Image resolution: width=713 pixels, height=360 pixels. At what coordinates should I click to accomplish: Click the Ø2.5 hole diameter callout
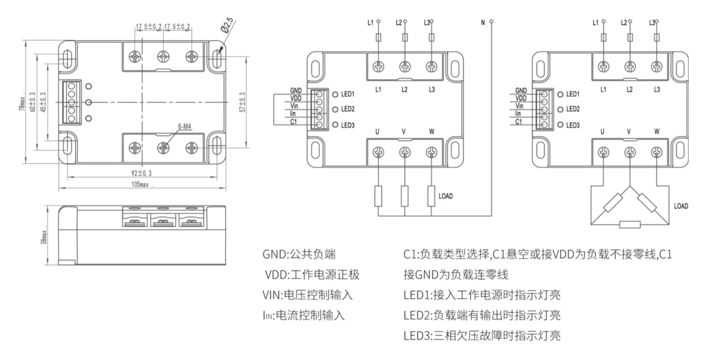tap(228, 26)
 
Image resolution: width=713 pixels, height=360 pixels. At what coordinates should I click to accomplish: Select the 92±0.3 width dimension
tap(142, 173)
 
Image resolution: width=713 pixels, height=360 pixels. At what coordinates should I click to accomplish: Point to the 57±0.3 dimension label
tap(243, 103)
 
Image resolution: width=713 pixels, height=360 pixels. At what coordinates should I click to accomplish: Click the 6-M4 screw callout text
tap(185, 127)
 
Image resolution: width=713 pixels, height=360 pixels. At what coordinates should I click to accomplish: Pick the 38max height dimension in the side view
tap(43, 237)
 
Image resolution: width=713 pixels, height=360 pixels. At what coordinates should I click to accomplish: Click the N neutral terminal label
tap(483, 23)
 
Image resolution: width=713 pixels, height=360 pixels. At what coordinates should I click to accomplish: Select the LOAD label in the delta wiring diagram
tap(681, 206)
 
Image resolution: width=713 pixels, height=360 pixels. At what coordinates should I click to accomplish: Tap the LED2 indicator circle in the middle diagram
tap(335, 109)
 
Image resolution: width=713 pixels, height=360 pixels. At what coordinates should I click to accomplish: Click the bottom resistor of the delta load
tap(630, 225)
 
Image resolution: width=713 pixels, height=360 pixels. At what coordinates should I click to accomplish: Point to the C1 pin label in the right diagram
tap(519, 121)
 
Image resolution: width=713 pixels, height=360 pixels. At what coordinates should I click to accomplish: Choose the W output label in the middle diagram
tap(432, 132)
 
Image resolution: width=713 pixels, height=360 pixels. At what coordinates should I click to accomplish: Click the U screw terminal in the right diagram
tap(603, 153)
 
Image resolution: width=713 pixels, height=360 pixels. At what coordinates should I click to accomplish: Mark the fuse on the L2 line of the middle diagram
tap(405, 37)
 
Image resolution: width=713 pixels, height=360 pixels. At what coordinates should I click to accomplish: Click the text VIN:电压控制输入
tap(307, 295)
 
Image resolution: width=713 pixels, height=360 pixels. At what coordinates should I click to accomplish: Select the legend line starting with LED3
tap(482, 336)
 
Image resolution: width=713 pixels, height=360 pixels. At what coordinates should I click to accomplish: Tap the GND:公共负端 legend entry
tap(299, 254)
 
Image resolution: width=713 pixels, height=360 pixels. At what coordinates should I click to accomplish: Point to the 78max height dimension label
tap(22, 104)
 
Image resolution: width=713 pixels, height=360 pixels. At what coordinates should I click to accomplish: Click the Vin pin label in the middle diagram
tap(295, 106)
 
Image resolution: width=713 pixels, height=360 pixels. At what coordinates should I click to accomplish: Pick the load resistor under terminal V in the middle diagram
tap(405, 196)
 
